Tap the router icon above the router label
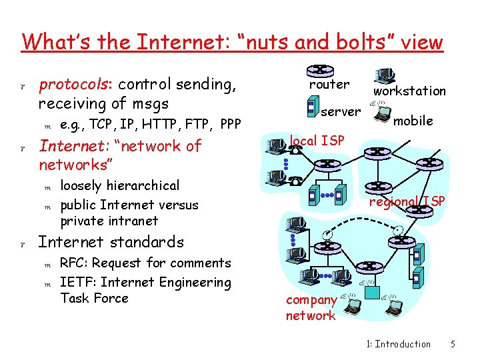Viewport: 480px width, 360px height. (321, 69)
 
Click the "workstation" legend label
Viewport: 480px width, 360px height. (409, 91)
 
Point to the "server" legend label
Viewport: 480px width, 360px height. (341, 111)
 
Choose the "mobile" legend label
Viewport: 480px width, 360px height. (413, 121)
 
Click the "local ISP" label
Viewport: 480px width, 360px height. (317, 141)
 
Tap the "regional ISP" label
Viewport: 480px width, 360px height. (407, 202)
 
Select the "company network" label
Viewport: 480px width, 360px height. (311, 307)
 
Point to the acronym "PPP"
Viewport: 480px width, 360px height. (229, 124)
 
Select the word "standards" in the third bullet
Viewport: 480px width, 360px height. (150, 241)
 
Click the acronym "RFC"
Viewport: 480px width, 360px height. (72, 263)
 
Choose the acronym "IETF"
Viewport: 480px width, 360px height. (75, 282)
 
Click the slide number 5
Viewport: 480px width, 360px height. (453, 344)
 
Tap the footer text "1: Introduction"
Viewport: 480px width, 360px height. (399, 344)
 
